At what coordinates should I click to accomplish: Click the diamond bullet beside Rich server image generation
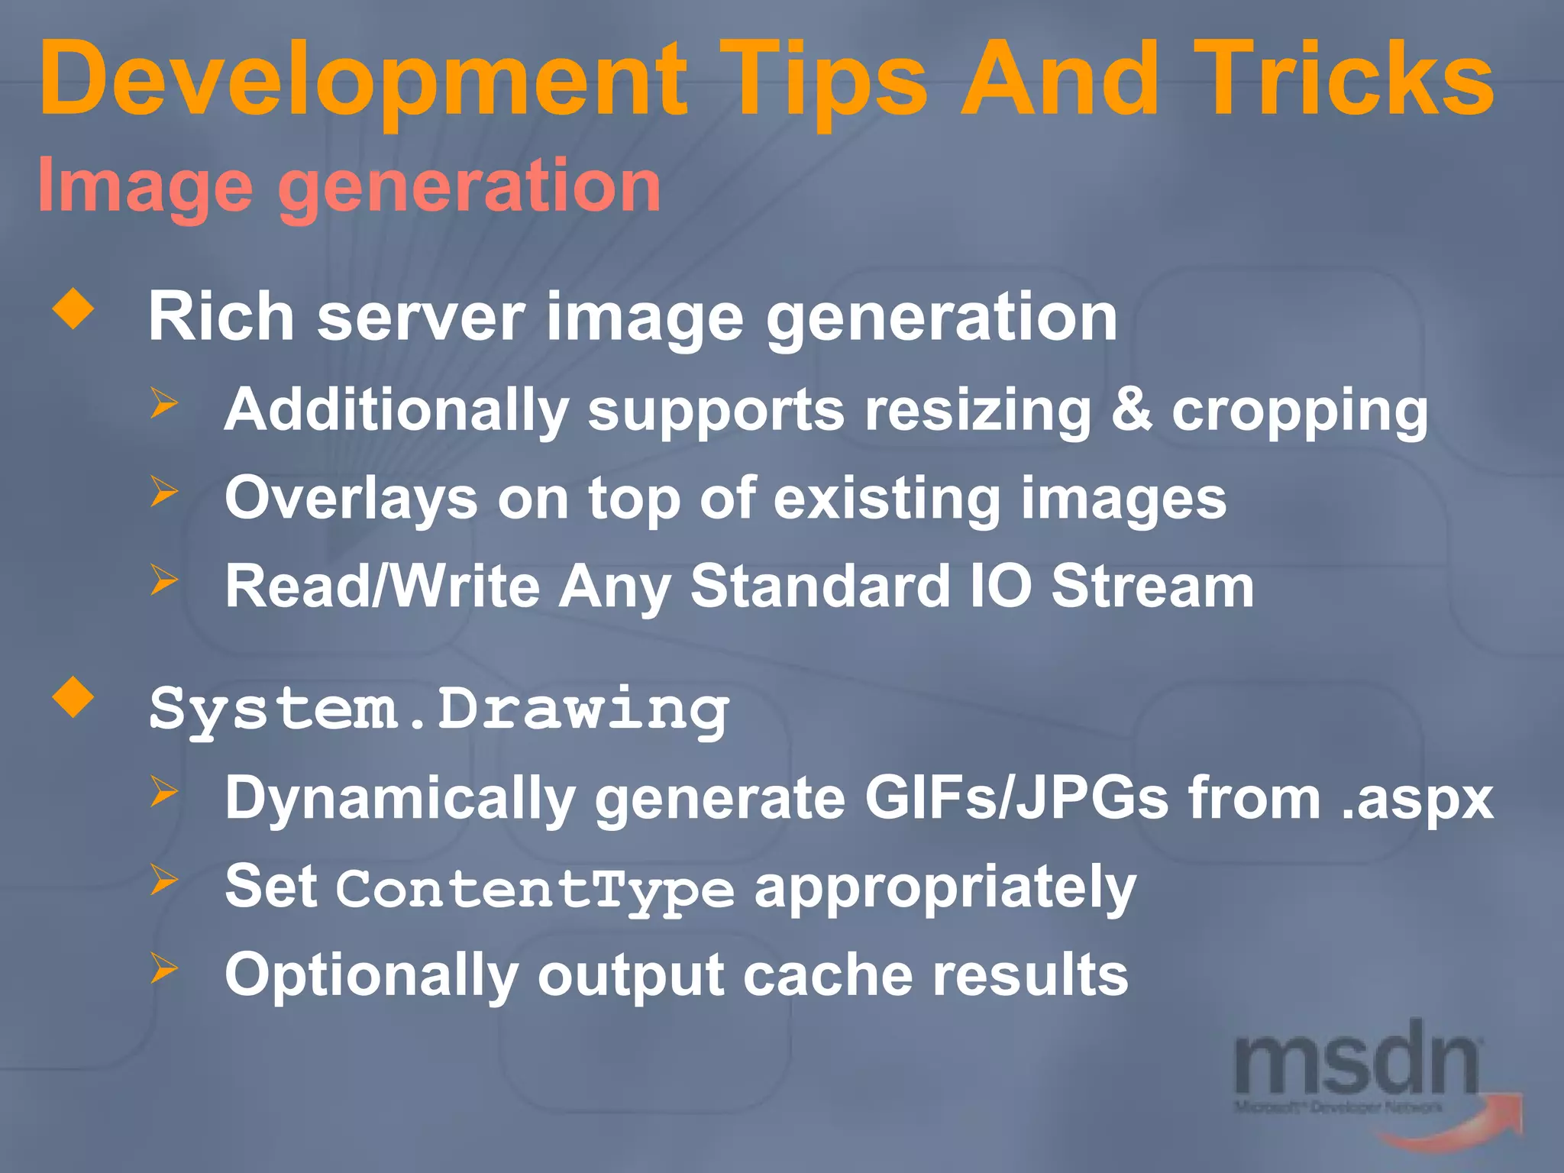coord(73,309)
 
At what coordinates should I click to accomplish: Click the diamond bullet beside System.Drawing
coord(73,697)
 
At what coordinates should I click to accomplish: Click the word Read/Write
coord(382,586)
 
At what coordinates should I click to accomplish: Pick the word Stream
coord(1152,586)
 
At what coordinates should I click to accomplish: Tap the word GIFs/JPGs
coord(1016,798)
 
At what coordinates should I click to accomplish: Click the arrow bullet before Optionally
coord(163,968)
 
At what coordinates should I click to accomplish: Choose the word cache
coord(828,975)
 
